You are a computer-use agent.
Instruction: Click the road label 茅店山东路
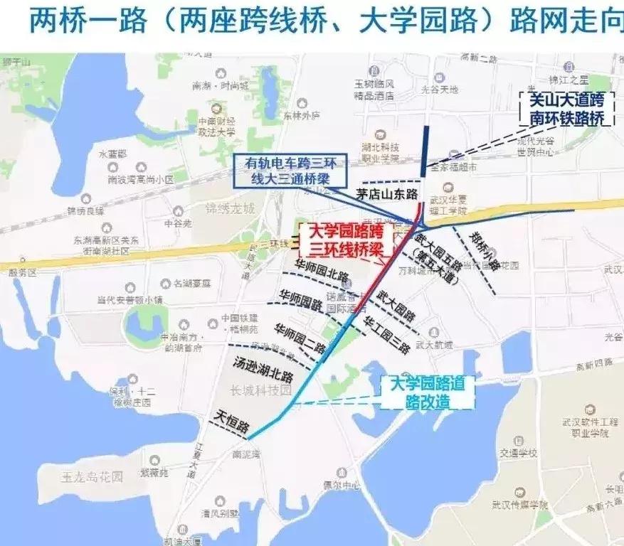(388, 194)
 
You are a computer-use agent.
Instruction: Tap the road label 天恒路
(233, 422)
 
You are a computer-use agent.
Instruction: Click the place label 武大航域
(434, 345)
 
